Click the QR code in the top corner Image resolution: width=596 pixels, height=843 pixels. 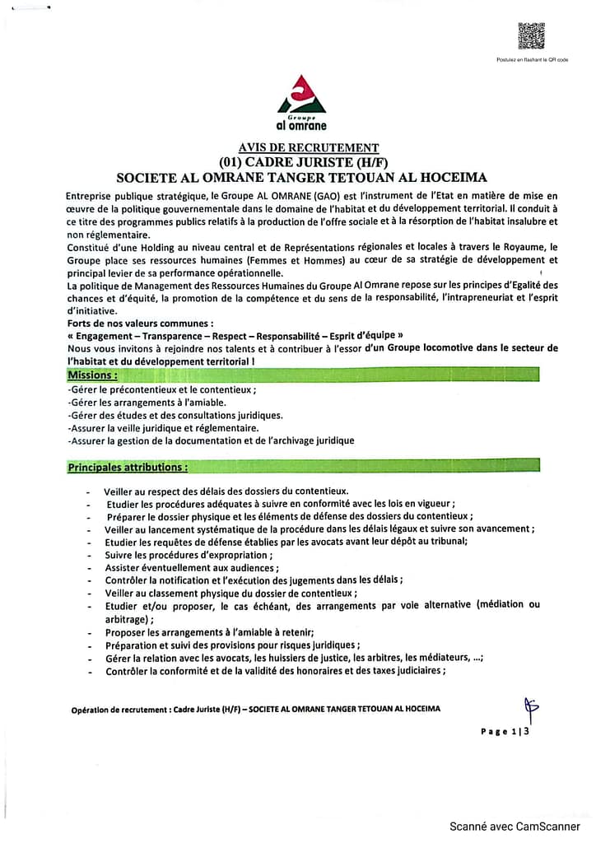coord(531,35)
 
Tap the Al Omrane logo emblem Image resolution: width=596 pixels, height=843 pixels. coord(302,95)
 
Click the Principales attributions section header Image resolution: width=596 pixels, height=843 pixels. coord(128,468)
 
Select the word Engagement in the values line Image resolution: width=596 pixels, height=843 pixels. coord(104,336)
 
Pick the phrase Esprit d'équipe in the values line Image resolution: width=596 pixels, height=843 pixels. coord(360,336)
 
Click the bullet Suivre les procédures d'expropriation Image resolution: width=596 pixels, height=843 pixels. coord(177,555)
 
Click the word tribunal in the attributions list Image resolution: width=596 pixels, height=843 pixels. coord(449,542)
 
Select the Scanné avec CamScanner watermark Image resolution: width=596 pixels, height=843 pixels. coord(514,827)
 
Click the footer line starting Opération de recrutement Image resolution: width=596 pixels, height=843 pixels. coord(255,709)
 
